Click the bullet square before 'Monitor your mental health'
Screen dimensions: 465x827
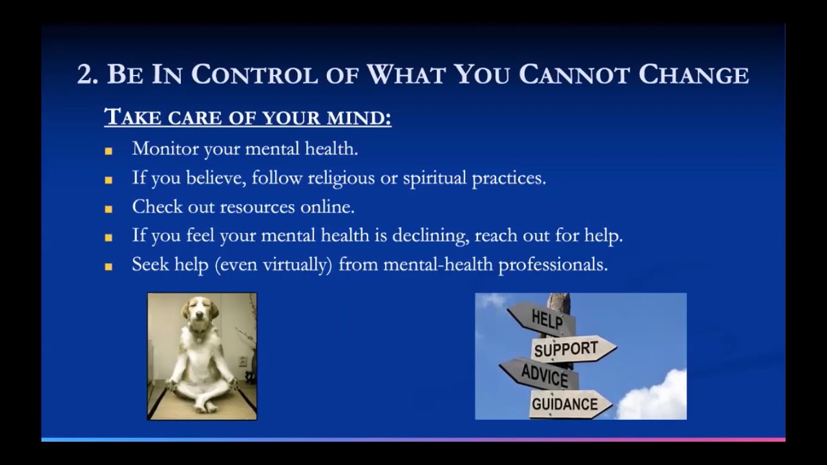[x=109, y=151]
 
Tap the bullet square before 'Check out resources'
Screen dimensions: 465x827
[x=109, y=209]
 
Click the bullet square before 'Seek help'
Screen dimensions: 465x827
[x=109, y=267]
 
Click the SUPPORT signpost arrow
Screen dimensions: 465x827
[x=569, y=349]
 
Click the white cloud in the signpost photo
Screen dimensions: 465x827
[x=656, y=397]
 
